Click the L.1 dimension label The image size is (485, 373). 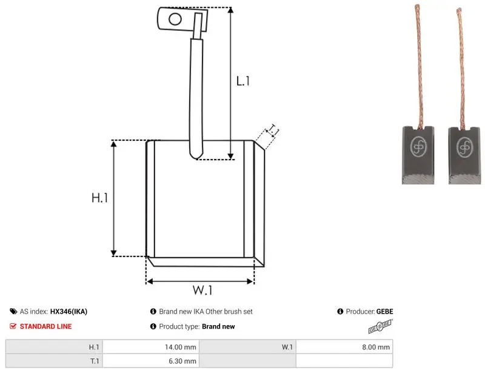(x=243, y=81)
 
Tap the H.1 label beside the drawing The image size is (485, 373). (x=99, y=198)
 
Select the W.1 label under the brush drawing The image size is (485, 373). (x=202, y=290)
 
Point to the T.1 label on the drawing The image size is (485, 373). (x=273, y=130)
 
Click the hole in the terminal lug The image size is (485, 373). (x=175, y=19)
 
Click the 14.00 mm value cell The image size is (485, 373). (x=151, y=347)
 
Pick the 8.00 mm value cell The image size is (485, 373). (x=344, y=347)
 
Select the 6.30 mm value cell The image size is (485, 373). (x=151, y=361)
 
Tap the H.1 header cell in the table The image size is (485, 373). (x=54, y=347)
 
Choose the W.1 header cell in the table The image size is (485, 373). (x=247, y=347)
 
